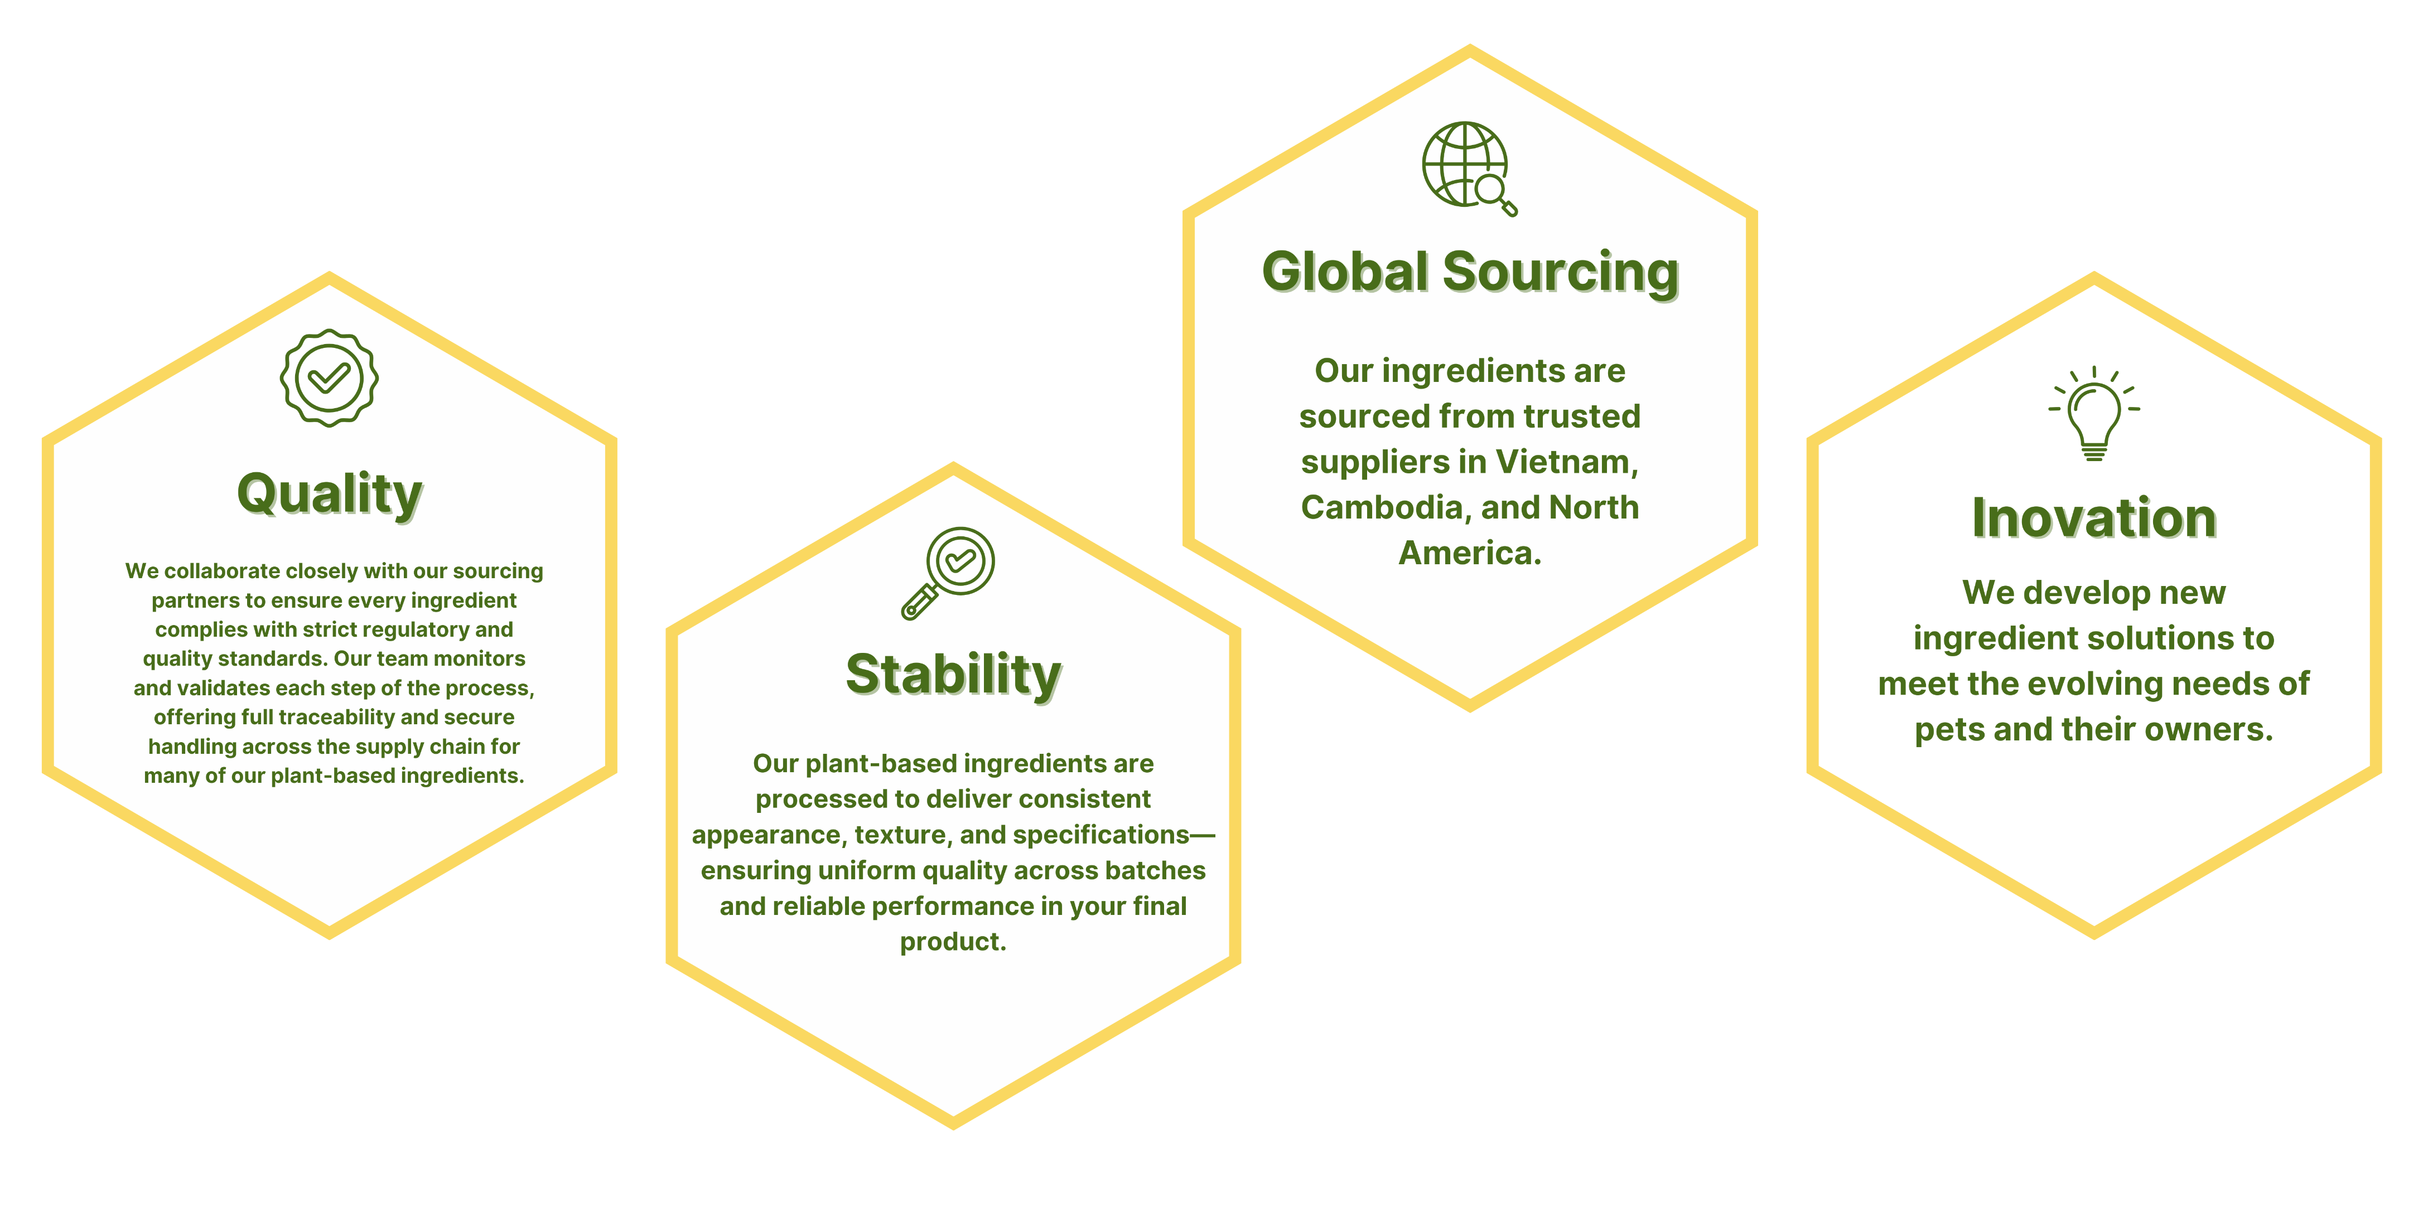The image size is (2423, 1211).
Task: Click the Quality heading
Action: click(330, 495)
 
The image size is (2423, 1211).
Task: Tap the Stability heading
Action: click(954, 675)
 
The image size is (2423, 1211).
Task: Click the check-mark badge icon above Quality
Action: click(329, 378)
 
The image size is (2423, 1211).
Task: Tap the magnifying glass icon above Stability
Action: click(948, 573)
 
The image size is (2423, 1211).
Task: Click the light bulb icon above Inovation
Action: click(2094, 413)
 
